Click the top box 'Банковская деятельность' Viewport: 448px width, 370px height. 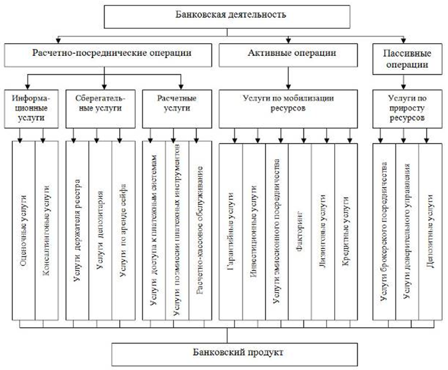pyautogui.click(x=223, y=14)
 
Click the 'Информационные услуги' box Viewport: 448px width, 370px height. pyautogui.click(x=32, y=106)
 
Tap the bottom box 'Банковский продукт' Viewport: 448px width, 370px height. pyautogui.click(x=224, y=350)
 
